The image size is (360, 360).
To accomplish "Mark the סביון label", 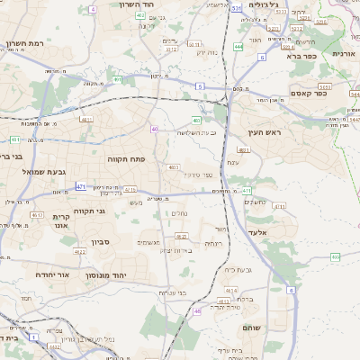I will point(98,241).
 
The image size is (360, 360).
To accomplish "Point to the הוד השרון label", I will point(138,4).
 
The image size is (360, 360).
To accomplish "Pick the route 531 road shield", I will point(235,8).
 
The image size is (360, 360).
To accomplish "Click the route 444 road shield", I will point(238,45).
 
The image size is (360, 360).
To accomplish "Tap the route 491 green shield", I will point(118,79).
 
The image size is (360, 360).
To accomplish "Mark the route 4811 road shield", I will point(87,119).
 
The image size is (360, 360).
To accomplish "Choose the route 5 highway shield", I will point(199,86).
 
